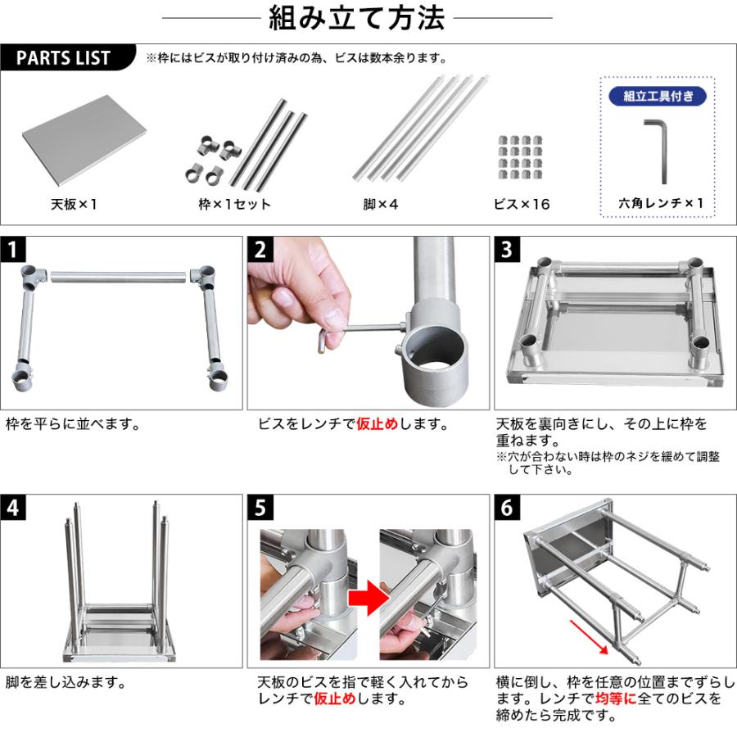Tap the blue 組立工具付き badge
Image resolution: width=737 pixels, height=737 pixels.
[x=658, y=97]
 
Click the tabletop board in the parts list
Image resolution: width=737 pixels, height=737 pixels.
[x=84, y=136]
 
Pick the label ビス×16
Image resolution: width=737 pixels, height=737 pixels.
[x=521, y=204]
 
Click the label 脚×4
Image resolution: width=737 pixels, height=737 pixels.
[x=380, y=204]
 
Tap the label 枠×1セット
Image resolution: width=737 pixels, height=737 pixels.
[x=234, y=204]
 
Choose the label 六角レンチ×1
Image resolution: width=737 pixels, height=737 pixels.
[x=660, y=204]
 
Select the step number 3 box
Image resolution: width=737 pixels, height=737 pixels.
[x=506, y=249]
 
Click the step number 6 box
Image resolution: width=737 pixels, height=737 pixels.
[x=506, y=507]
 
